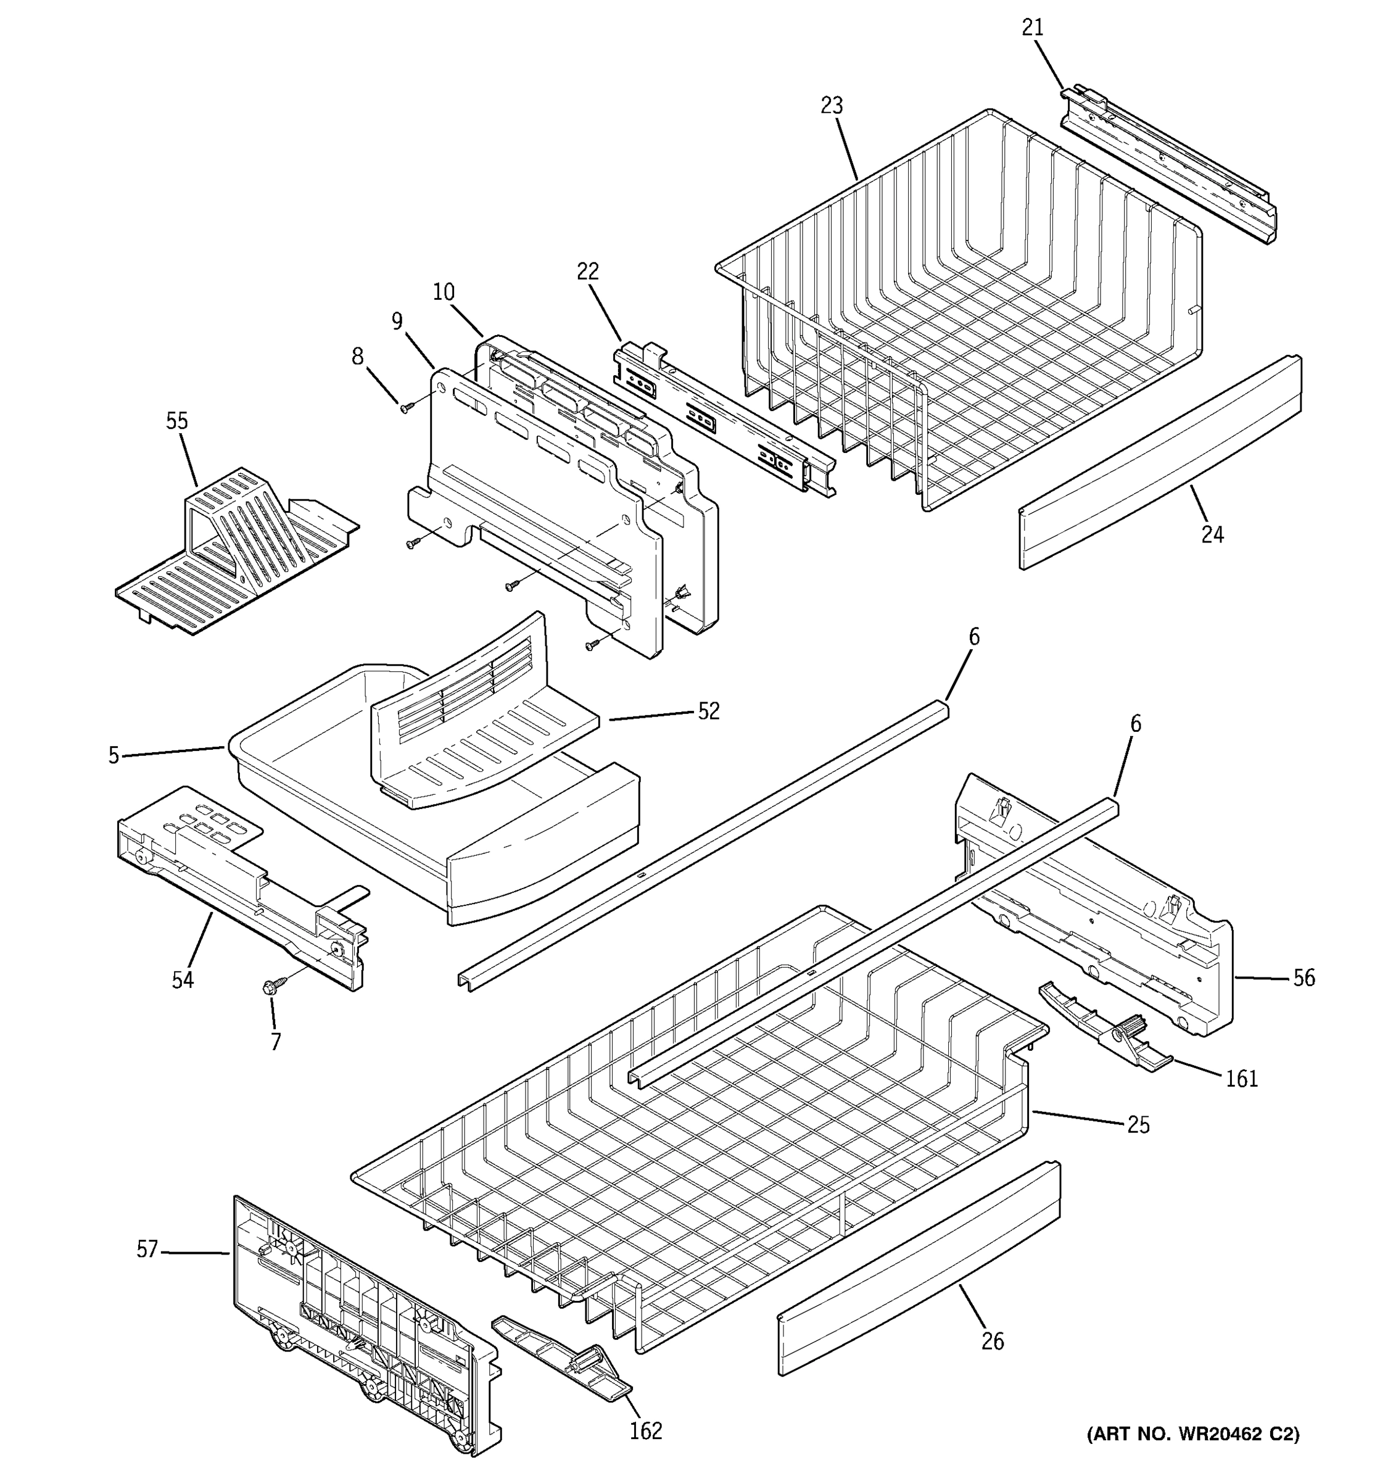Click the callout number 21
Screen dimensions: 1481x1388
coord(1032,28)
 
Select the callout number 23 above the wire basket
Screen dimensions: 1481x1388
coord(832,106)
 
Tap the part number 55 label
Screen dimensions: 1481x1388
coord(176,421)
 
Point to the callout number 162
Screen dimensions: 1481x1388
coord(646,1431)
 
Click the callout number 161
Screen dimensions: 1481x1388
coord(1241,1078)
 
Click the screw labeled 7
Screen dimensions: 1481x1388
coord(269,988)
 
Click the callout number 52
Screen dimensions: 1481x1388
coord(708,711)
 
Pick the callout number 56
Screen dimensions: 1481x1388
coord(1303,977)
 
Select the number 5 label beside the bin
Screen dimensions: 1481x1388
coord(113,755)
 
